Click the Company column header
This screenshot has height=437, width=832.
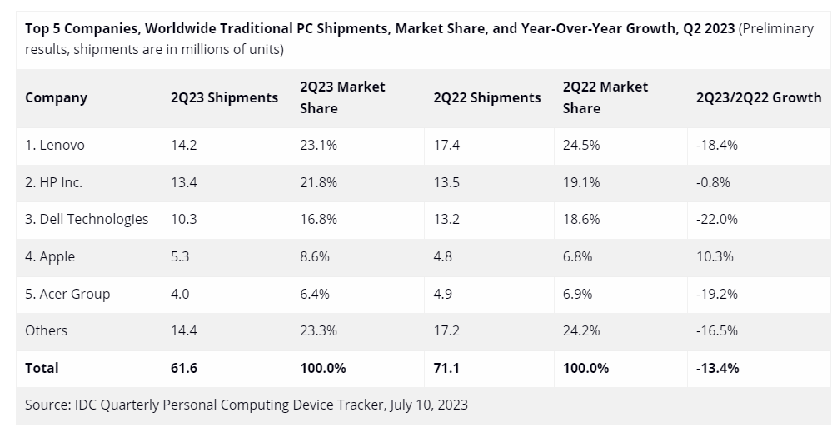tap(56, 97)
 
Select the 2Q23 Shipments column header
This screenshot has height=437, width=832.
tap(224, 97)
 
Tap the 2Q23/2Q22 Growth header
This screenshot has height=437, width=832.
tap(758, 97)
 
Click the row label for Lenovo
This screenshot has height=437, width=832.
tap(55, 145)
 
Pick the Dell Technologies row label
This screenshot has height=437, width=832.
tap(87, 219)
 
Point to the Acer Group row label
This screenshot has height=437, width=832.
tap(67, 294)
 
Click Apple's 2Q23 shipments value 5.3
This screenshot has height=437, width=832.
tap(180, 256)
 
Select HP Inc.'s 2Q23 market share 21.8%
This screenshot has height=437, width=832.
tap(319, 182)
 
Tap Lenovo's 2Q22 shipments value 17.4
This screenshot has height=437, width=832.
tap(446, 145)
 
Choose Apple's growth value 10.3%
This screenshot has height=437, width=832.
tap(715, 256)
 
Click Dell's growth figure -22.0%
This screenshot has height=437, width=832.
tap(717, 219)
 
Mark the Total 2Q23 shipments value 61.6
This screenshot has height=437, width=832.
tap(183, 367)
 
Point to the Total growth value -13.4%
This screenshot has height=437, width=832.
tap(717, 367)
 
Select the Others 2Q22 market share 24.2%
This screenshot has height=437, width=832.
tap(581, 330)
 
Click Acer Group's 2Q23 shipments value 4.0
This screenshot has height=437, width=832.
tap(180, 294)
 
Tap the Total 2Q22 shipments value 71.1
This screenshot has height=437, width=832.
tap(446, 367)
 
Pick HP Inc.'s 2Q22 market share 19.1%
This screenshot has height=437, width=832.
tap(581, 182)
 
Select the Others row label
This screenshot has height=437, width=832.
tap(47, 330)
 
